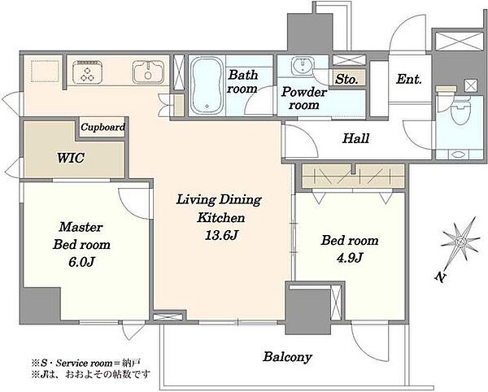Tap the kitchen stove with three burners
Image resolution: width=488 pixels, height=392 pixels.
87,72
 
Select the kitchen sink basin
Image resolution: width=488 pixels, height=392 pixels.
148,72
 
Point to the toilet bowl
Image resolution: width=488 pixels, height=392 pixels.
461,111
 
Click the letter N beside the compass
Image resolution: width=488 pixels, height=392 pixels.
440,277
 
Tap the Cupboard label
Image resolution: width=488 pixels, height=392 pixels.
102,127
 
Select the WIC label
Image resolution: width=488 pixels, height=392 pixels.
71,158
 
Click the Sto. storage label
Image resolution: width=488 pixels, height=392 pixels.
346,80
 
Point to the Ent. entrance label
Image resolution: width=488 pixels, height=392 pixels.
409,79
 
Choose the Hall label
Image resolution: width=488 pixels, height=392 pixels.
355,138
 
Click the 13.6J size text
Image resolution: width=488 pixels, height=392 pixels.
221,235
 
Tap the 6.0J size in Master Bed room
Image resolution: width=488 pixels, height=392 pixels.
81,262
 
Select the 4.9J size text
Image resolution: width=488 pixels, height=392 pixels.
350,257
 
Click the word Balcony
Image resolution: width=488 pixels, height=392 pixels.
287,357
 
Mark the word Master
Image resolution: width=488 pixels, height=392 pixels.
81,227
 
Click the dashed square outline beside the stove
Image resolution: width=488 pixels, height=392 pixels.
45,72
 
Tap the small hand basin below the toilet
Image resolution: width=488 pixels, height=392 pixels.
457,154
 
